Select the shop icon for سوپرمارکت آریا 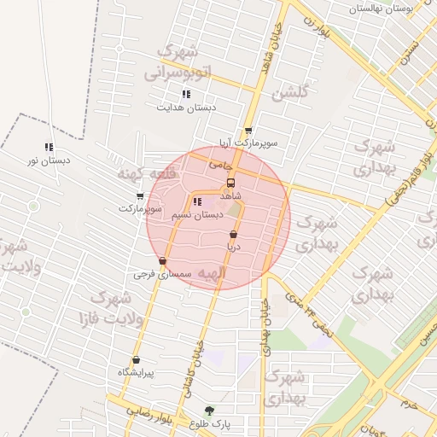248,131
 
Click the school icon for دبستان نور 49,147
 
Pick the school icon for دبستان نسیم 198,202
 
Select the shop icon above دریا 233,234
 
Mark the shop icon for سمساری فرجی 162,261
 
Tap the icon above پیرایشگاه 136,359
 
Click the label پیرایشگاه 136,373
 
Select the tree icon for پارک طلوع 210,411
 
